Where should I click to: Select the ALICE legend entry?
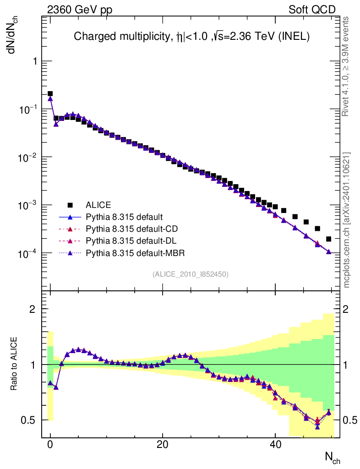pos(98,205)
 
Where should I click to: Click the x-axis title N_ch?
pos(333,456)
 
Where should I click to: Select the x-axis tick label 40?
pos(275,445)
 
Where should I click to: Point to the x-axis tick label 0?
pos(50,445)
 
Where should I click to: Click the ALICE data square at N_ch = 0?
pos(50,94)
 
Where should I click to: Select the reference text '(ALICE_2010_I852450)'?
pos(191,274)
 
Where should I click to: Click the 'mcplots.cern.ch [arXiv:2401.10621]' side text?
pos(347,220)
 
